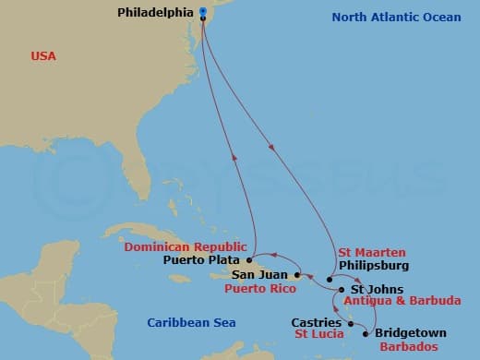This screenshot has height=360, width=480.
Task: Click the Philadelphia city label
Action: [x=157, y=13]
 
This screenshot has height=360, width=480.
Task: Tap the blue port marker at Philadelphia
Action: [x=202, y=13]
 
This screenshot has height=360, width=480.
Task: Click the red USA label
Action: [x=43, y=56]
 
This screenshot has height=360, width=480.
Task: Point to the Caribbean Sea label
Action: [x=188, y=320]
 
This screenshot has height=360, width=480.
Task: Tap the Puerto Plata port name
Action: [x=202, y=260]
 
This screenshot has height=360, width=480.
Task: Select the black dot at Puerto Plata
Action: [x=249, y=259]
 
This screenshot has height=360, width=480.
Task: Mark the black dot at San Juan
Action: [x=296, y=274]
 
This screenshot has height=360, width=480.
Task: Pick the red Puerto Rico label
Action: [x=259, y=289]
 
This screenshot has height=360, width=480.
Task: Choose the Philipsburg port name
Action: [x=374, y=265]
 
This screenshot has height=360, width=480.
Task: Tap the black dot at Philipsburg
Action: [x=329, y=279]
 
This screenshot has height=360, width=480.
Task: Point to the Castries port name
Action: [x=317, y=322]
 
